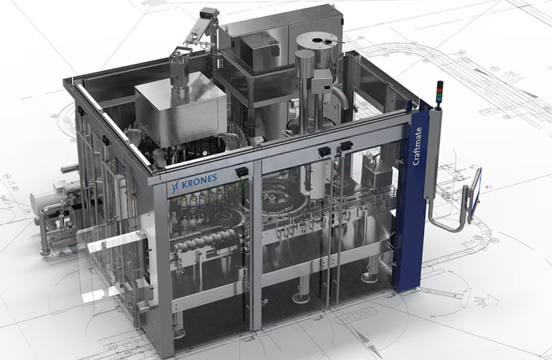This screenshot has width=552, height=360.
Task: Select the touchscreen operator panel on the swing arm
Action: (x=476, y=196)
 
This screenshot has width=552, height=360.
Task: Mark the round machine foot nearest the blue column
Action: (x=370, y=276)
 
